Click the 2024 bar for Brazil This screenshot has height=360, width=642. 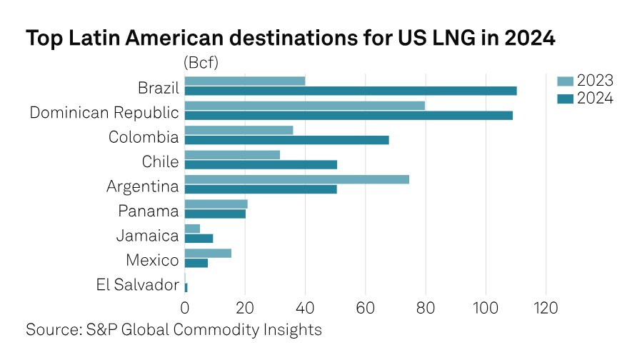pyautogui.click(x=350, y=91)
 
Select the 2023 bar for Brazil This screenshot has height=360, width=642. pyautogui.click(x=245, y=81)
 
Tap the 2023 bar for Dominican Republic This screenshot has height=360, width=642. pyautogui.click(x=305, y=106)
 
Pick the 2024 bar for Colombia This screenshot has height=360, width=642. pyautogui.click(x=286, y=140)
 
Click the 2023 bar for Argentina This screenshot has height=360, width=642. pyautogui.click(x=297, y=179)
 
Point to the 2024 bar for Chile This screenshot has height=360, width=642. pyautogui.click(x=261, y=164)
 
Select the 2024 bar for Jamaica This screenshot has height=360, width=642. pyautogui.click(x=199, y=238)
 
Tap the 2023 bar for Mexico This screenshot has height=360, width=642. pyautogui.click(x=208, y=253)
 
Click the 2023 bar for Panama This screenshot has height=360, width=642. pyautogui.click(x=216, y=204)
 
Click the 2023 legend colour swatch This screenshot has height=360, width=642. pyautogui.click(x=565, y=80)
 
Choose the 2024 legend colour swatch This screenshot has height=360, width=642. pyautogui.click(x=565, y=99)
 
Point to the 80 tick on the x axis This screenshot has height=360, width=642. pyautogui.click(x=426, y=309)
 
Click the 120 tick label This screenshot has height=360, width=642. pyautogui.click(x=546, y=309)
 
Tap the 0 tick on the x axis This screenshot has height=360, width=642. pyautogui.click(x=185, y=309)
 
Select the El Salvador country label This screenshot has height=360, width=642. pyautogui.click(x=137, y=285)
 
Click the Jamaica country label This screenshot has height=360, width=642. pyautogui.click(x=147, y=236)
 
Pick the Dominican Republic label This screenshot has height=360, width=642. pyautogui.click(x=104, y=112)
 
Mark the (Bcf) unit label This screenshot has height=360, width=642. pyautogui.click(x=201, y=62)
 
